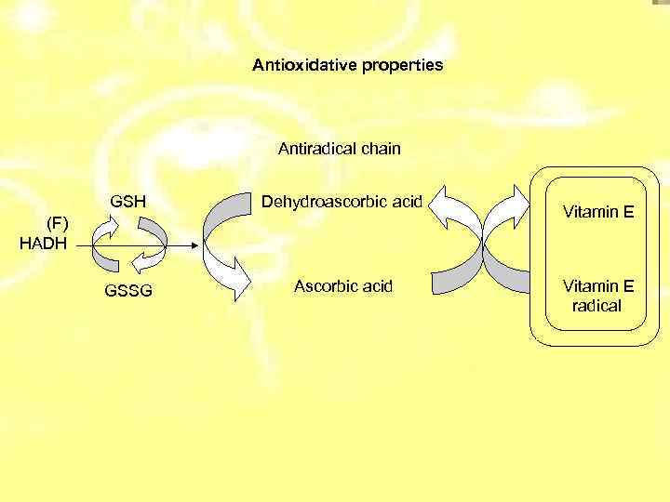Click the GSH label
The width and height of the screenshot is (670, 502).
[127, 201]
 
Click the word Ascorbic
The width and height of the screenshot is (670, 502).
[324, 284]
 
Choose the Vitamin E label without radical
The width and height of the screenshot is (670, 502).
[597, 213]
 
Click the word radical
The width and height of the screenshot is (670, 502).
[597, 305]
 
